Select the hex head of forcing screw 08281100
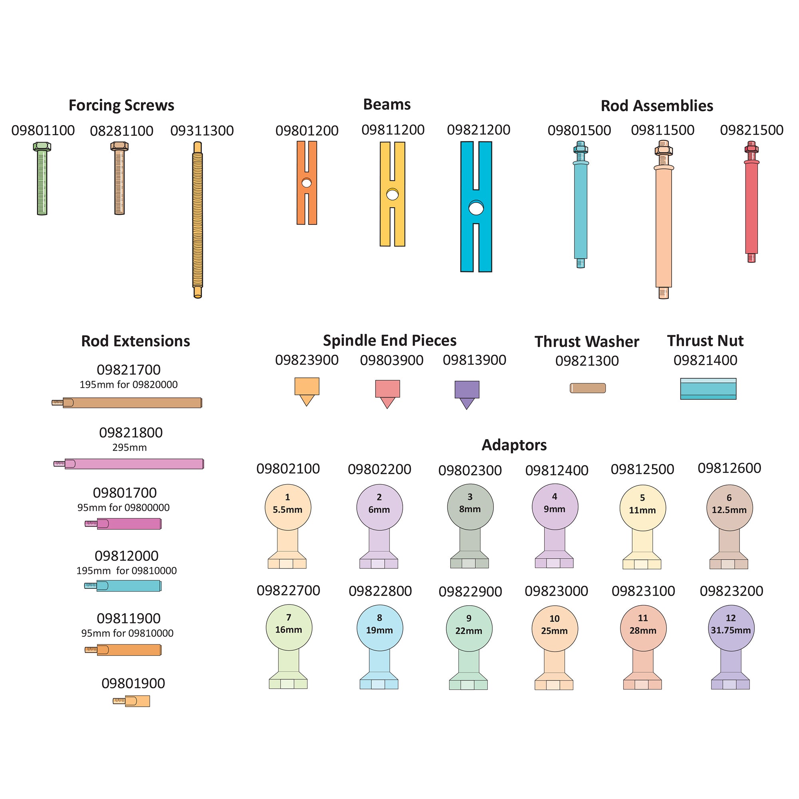tap(119, 146)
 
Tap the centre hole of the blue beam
tap(476, 208)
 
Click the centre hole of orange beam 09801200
tap(306, 183)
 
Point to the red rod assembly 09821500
tap(751, 207)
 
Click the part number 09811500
tap(662, 130)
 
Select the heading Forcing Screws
tap(121, 105)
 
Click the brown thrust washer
tap(588, 388)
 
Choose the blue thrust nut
tap(708, 389)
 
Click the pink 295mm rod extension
tap(132, 463)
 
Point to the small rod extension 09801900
tap(132, 701)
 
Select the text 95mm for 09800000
tap(123, 507)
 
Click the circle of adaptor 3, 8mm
tap(470, 507)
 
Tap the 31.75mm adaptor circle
tap(731, 628)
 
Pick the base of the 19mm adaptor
tap(379, 684)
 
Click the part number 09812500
tap(642, 469)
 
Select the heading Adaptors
tap(514, 445)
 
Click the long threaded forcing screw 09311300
tap(198, 219)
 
